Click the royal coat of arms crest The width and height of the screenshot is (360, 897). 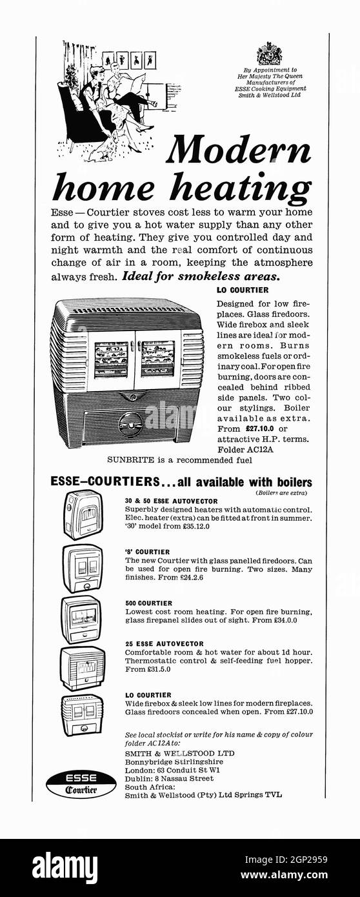pos(269,54)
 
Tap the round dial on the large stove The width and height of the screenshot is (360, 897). pos(131,424)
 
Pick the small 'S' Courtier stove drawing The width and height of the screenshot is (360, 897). pos(82,568)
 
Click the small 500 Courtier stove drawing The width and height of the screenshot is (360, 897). pos(81,618)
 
